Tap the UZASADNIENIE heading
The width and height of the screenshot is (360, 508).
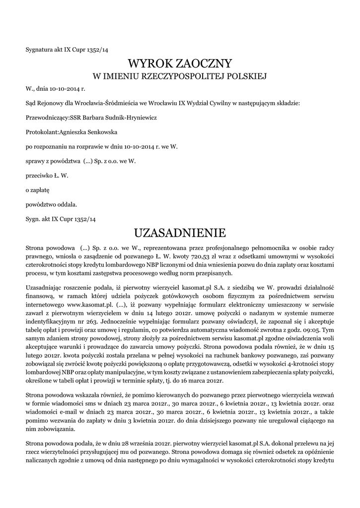coord(180,233)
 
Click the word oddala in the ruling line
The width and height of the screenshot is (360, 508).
coord(67,204)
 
